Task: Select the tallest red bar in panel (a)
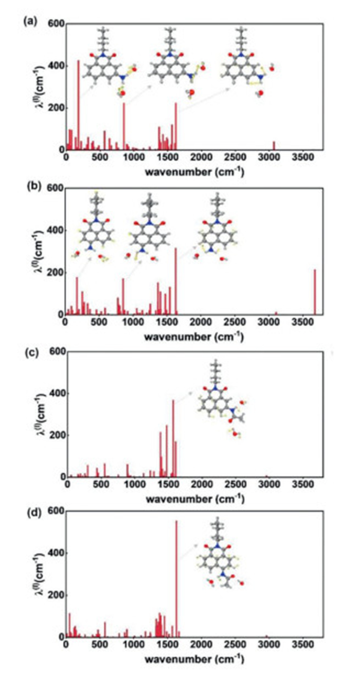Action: (x=78, y=105)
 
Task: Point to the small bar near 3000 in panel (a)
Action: (x=274, y=146)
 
